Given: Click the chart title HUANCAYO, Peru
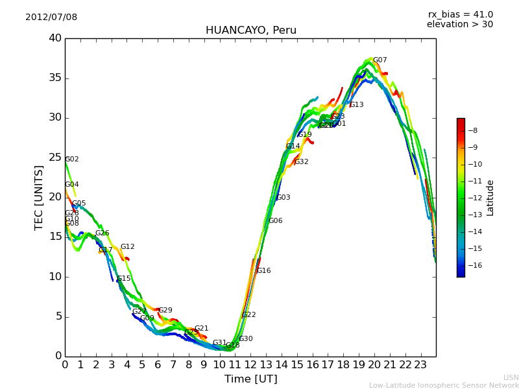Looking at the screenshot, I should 250,30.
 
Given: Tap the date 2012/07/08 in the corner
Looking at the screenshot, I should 51,17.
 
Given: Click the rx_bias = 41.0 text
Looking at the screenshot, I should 460,14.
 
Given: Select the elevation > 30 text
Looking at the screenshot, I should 459,24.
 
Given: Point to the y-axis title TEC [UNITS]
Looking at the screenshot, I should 39,197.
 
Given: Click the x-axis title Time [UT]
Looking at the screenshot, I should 250,379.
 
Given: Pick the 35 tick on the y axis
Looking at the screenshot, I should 55,78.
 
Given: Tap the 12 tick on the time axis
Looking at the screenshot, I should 250,365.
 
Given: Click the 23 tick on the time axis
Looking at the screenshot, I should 420,365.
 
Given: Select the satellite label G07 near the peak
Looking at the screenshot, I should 380,60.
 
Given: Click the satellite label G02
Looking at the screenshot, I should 72,159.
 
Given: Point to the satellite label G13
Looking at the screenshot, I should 356,105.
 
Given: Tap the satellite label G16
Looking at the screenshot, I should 264,271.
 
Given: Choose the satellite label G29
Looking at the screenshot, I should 165,311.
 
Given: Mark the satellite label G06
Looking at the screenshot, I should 276,221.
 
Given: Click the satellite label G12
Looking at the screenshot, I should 128,247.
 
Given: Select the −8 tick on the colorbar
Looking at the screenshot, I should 472,130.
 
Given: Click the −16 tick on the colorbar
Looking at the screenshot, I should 474,265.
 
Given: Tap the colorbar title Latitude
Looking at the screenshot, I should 490,198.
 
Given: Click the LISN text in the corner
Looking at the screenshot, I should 511,377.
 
